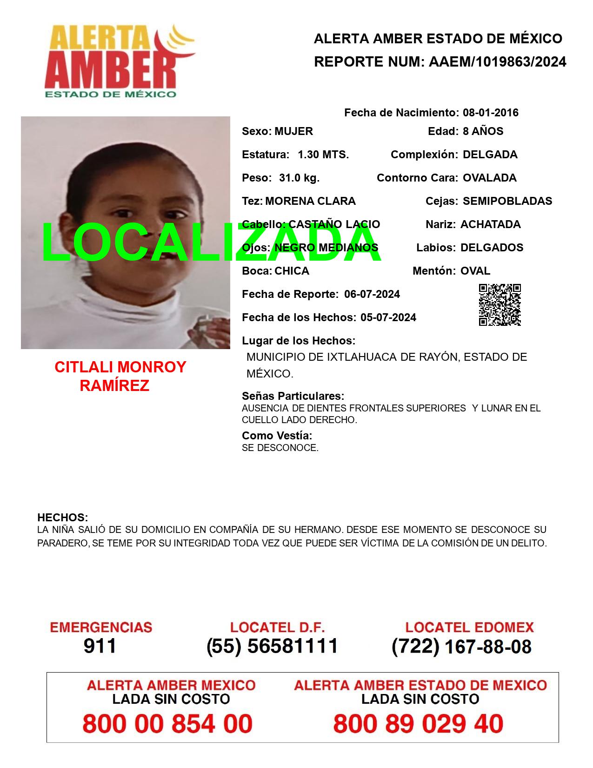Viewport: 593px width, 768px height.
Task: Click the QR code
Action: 500,305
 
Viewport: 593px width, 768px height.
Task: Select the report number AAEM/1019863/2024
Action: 497,62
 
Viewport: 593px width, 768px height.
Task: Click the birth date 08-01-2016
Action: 490,113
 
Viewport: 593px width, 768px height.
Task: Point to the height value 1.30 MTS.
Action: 323,155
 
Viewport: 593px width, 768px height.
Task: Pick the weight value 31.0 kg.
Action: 299,178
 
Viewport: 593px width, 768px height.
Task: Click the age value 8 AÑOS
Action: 483,131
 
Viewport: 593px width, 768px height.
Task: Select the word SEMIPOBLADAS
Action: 507,201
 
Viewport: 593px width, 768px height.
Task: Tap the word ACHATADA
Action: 490,224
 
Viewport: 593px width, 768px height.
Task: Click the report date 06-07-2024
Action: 372,294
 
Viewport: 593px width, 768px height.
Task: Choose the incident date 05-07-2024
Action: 388,317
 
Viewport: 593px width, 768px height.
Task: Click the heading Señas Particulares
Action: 293,396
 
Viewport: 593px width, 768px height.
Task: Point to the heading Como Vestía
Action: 277,436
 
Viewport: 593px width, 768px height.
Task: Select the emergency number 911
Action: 100,646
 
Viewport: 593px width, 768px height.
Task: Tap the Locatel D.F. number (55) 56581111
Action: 272,646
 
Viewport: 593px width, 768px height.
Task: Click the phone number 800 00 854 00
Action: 167,724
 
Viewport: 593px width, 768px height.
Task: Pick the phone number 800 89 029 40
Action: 418,724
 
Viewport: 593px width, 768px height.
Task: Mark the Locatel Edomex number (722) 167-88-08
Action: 461,646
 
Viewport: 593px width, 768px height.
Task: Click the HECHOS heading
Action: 62,518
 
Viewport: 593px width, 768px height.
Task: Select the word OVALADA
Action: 489,178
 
